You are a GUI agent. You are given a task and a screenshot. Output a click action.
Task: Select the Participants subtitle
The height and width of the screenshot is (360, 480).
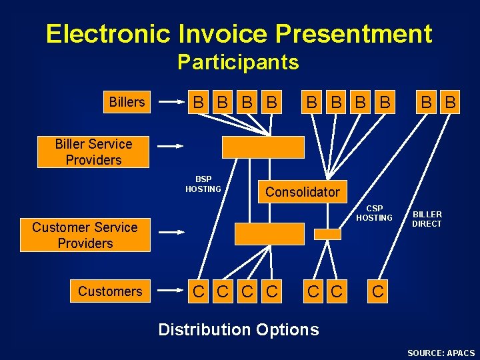point(238,63)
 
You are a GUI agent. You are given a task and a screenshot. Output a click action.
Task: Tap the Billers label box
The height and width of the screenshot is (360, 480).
point(127,102)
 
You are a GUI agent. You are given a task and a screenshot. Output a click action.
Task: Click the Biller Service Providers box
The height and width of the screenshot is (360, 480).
point(93,152)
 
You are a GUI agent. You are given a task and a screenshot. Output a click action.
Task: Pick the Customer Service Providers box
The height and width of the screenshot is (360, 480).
point(85,235)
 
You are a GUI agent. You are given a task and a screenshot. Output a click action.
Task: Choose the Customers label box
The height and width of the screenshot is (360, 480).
point(110,291)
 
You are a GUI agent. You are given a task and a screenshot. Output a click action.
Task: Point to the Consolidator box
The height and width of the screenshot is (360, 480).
point(302,192)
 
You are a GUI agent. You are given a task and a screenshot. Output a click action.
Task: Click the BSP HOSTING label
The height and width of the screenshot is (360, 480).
point(203,185)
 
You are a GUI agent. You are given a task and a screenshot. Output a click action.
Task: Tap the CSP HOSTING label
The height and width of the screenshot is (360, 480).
point(374,213)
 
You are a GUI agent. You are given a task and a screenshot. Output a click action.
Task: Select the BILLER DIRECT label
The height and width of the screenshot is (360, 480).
point(427,219)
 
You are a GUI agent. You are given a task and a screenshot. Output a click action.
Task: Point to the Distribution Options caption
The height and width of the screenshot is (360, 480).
point(238,329)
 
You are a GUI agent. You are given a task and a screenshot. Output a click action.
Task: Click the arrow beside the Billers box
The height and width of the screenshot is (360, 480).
point(171,103)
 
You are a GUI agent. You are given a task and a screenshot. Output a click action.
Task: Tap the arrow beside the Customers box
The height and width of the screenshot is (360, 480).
point(171,291)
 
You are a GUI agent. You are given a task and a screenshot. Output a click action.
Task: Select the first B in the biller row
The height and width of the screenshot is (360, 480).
point(198,103)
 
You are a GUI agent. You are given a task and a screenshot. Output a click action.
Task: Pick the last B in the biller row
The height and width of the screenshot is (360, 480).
point(451,103)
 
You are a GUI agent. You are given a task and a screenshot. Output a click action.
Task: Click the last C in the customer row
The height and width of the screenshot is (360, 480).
point(377,291)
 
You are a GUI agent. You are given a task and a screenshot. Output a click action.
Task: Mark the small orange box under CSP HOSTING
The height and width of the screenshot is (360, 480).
point(327,234)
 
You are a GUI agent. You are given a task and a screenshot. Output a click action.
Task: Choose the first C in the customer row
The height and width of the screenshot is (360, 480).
point(198,291)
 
